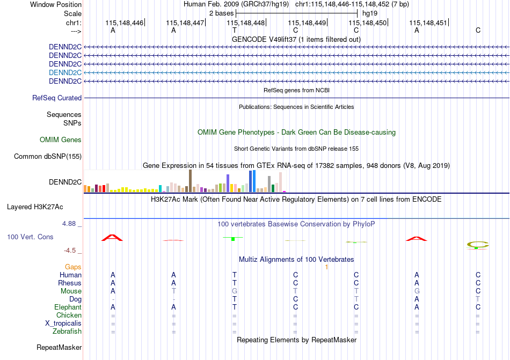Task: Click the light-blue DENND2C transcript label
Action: click(x=65, y=72)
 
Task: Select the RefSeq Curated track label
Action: click(x=57, y=98)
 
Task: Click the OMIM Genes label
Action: click(x=61, y=139)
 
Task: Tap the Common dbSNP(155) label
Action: click(x=48, y=156)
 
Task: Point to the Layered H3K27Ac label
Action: click(x=35, y=207)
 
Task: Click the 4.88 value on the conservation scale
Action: click(x=69, y=224)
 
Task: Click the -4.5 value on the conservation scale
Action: click(x=70, y=251)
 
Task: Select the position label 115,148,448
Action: click(x=245, y=23)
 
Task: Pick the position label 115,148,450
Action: click(x=368, y=23)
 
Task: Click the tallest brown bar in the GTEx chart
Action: click(x=190, y=181)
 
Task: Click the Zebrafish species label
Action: click(x=67, y=332)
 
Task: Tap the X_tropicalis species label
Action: click(x=63, y=324)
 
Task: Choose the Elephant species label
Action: click(x=68, y=307)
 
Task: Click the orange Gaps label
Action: click(x=73, y=267)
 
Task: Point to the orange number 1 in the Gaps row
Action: click(x=326, y=267)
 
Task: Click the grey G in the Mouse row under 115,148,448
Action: click(x=235, y=291)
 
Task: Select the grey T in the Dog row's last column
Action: click(x=478, y=299)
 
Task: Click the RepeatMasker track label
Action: click(x=59, y=347)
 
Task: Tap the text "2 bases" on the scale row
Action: click(x=222, y=13)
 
